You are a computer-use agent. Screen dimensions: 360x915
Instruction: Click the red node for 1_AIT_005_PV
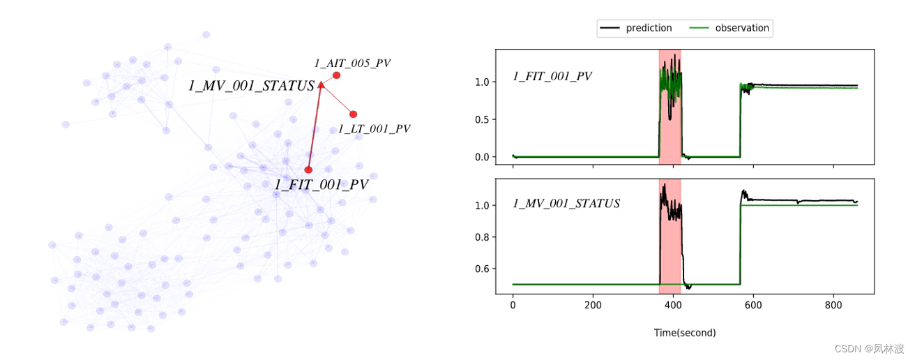click(x=336, y=75)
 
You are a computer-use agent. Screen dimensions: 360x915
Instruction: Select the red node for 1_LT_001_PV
click(x=353, y=114)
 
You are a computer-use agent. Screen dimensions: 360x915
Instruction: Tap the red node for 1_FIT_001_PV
click(x=308, y=170)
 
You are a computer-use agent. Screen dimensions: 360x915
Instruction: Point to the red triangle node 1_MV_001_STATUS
click(x=321, y=85)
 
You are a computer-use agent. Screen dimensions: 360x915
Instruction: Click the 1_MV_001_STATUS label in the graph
click(x=251, y=86)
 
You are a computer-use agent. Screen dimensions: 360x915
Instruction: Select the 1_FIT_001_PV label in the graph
click(x=321, y=185)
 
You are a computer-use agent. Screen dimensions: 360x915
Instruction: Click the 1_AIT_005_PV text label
click(x=352, y=63)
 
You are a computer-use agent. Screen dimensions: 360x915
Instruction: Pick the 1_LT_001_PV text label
click(x=374, y=128)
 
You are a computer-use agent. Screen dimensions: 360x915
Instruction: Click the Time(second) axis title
click(x=684, y=333)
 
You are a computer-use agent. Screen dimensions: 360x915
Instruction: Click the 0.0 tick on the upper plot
click(x=481, y=157)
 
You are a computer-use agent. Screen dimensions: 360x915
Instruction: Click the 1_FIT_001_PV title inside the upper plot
click(x=552, y=77)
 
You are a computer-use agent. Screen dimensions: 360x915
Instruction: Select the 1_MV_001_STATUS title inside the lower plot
click(x=566, y=204)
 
